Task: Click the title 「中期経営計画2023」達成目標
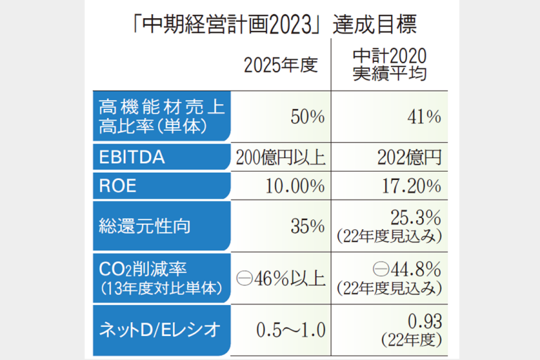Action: coord(269,27)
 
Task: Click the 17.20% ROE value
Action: coord(411,187)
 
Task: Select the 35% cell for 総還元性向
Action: coord(307,226)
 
